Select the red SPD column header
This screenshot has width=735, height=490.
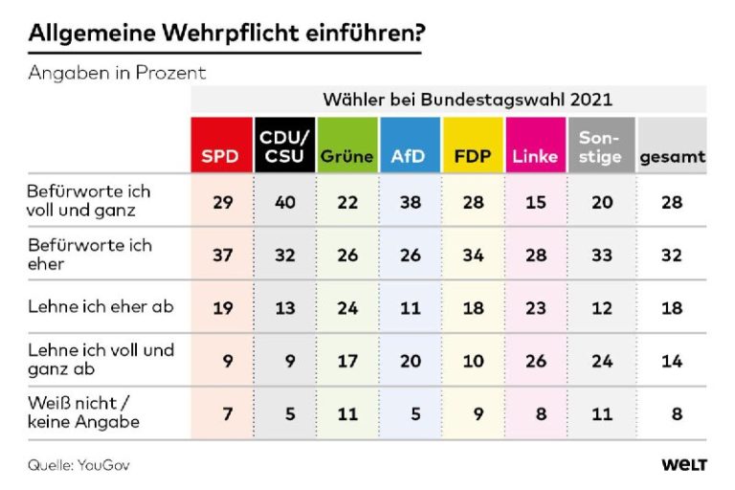220,145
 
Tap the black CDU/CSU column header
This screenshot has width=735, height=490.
283,145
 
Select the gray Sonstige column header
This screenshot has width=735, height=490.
600,145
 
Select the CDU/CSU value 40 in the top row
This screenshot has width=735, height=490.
283,202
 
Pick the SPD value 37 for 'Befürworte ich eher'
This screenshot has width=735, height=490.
221,255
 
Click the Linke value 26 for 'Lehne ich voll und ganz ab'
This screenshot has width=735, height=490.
536,360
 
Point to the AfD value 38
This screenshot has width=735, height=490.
410,202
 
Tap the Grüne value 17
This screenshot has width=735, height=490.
346,360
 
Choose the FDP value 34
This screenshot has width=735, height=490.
473,255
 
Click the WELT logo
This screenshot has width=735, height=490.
683,465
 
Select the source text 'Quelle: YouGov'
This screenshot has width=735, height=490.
78,465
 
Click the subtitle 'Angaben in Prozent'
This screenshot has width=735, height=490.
117,73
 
